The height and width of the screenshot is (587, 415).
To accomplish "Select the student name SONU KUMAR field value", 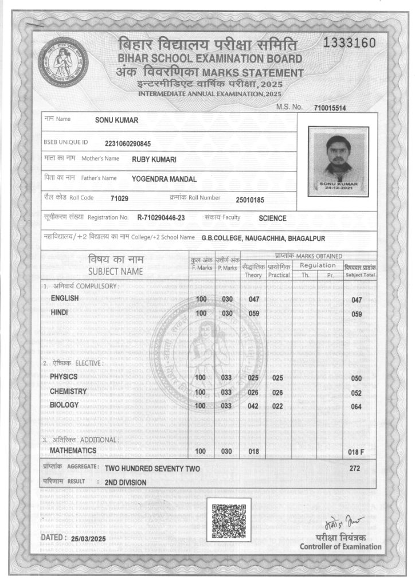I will coord(116,120).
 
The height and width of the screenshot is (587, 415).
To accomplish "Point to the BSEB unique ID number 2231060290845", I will coord(128,143).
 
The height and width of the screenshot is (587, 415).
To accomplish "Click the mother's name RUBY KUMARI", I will coord(154,159).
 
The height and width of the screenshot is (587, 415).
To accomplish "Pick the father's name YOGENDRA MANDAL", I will coord(164,179).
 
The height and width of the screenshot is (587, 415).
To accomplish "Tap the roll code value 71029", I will coord(119,198).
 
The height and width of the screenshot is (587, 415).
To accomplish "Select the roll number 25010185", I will coord(249,199).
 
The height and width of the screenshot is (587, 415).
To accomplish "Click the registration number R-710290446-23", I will coord(161,218).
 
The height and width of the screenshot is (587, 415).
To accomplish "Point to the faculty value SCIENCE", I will coord(272,218).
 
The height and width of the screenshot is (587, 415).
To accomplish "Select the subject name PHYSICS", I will coord(64,376).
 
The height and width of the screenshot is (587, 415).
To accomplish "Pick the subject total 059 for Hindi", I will coord(357,315).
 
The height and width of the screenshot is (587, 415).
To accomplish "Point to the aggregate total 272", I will coord(355,468).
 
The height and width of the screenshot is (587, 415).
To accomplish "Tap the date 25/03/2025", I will coord(89,539).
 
